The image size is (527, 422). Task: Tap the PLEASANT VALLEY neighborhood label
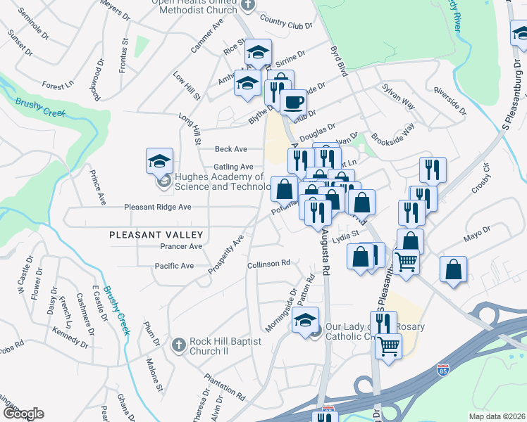156,235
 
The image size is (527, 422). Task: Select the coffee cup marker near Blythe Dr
293,102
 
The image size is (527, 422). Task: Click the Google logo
23,414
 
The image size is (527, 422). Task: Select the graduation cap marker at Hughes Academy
159,161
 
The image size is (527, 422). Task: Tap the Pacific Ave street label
174,266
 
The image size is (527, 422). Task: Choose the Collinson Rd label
269,264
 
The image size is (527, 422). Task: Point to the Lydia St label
346,236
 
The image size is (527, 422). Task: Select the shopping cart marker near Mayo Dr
407,261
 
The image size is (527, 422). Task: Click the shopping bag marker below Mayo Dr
454,270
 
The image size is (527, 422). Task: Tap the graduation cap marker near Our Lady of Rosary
305,320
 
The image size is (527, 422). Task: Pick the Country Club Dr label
285,22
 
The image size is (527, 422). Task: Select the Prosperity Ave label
226,254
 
